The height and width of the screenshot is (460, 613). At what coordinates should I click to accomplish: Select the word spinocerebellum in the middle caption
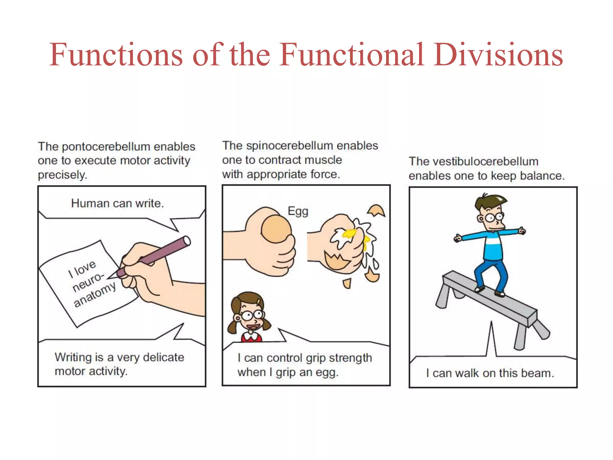[x=289, y=146]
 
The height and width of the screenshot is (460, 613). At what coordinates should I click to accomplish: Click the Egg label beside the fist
[x=298, y=211]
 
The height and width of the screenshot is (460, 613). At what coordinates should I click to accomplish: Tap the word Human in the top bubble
[x=90, y=203]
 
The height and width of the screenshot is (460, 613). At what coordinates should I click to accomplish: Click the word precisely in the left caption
[x=62, y=175]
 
